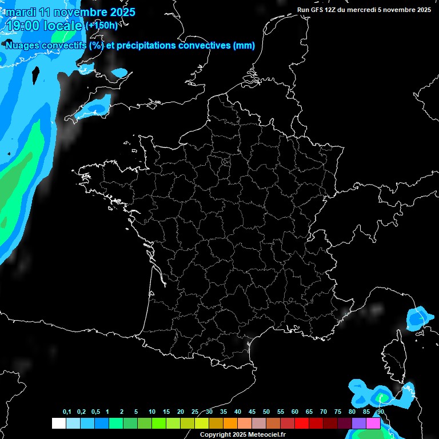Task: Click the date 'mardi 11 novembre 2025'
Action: (x=70, y=12)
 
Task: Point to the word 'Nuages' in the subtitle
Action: (x=24, y=46)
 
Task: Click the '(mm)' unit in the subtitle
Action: (x=244, y=46)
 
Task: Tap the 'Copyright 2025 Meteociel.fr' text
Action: (x=242, y=434)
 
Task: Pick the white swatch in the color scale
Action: (x=58, y=423)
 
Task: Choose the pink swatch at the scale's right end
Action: (x=373, y=423)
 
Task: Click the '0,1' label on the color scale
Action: (x=67, y=412)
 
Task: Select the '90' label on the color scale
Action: (x=381, y=412)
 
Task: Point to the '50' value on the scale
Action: (x=266, y=412)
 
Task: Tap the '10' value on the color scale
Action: (x=152, y=412)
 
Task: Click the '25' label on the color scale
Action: (x=195, y=412)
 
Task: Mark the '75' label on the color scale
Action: (x=338, y=412)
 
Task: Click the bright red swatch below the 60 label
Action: (x=302, y=423)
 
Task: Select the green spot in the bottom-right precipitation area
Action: (x=382, y=396)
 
